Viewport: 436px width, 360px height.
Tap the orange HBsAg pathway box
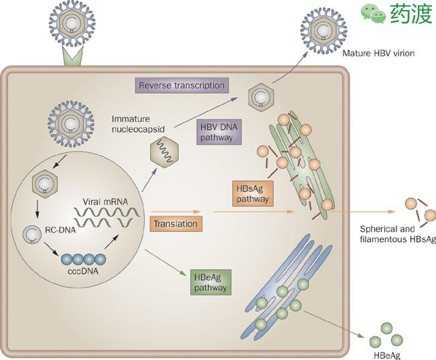(x=252, y=192)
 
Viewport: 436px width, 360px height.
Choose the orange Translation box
(x=174, y=224)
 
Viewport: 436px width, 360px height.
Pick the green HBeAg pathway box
(x=209, y=280)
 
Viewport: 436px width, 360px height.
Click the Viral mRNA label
(x=103, y=200)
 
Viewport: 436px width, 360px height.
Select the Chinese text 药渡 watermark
(x=409, y=13)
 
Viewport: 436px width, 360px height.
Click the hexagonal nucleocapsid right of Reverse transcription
(x=259, y=97)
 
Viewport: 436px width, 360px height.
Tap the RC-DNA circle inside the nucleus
(x=31, y=235)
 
